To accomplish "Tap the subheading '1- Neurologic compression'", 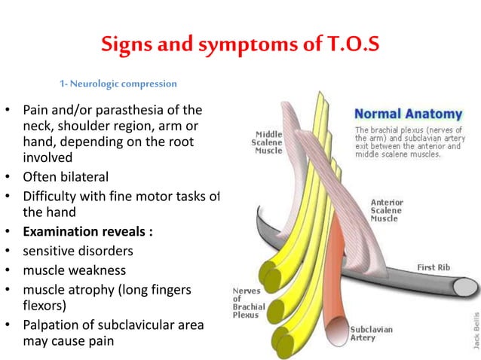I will coord(118,83).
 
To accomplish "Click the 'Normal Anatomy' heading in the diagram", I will coord(408,115).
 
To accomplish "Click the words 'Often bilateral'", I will coord(66,178).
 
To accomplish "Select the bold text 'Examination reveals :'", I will coord(87,232).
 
